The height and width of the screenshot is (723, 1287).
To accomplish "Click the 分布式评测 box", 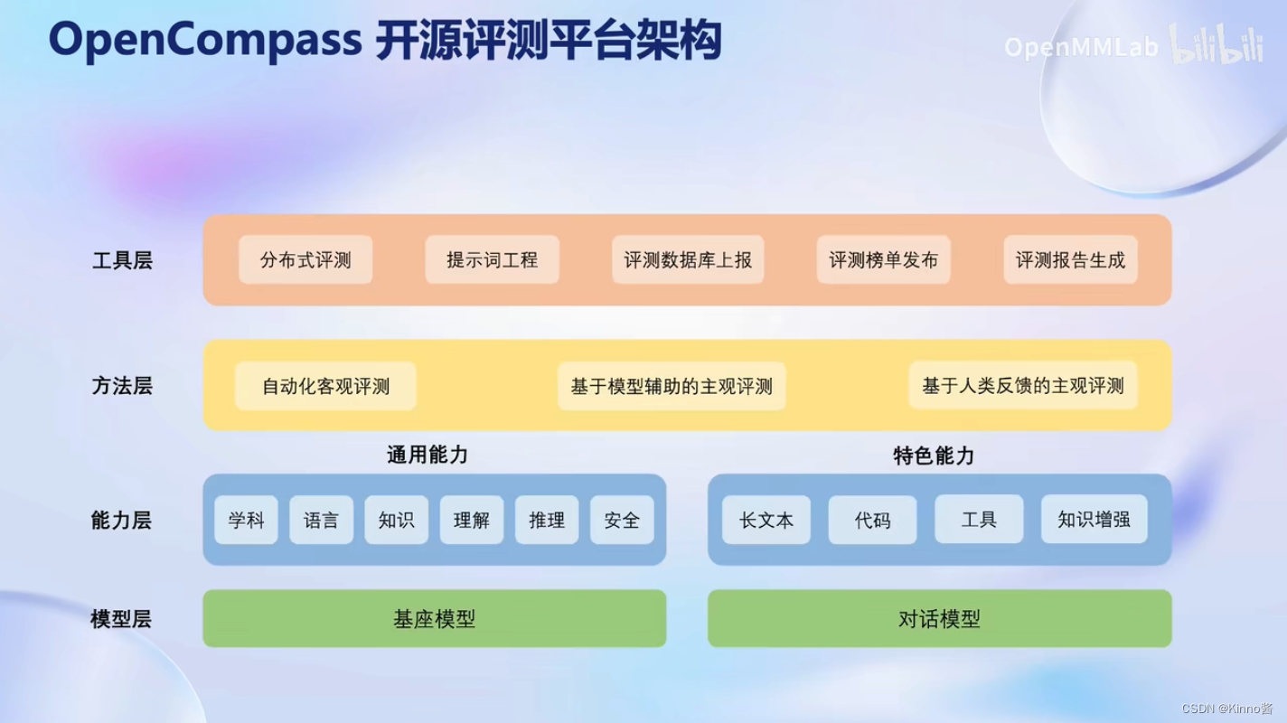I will click(x=305, y=260).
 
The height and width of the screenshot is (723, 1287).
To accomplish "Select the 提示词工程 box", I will click(x=492, y=260).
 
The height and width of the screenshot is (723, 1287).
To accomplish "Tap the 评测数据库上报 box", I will click(x=688, y=260).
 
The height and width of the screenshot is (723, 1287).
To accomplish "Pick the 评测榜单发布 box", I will click(x=883, y=260).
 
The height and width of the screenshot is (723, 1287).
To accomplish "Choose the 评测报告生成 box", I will click(x=1070, y=260).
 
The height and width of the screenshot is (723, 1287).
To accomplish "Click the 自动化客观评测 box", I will click(x=325, y=387).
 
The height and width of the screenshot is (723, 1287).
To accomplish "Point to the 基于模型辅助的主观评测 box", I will click(x=672, y=387).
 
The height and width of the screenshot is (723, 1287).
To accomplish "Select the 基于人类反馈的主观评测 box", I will click(x=1022, y=387).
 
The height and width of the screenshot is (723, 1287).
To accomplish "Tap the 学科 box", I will click(x=246, y=520).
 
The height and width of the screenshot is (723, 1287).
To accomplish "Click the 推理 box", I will click(x=547, y=520).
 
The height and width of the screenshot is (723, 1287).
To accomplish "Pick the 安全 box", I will click(x=622, y=520).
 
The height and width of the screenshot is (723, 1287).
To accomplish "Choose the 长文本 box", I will click(x=766, y=520).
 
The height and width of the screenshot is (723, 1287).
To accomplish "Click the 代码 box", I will click(x=872, y=520).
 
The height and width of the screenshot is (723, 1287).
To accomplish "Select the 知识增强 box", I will click(x=1094, y=520).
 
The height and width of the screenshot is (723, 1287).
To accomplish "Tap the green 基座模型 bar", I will click(x=434, y=619).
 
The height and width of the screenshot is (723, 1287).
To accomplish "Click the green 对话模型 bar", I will click(x=939, y=619).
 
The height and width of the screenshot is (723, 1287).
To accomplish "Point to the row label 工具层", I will click(x=122, y=261).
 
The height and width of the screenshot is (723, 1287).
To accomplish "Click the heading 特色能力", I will click(x=933, y=455).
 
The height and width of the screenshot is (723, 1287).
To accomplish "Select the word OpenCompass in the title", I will click(x=202, y=41).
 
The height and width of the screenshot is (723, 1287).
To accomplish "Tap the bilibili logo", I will click(x=1217, y=45).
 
